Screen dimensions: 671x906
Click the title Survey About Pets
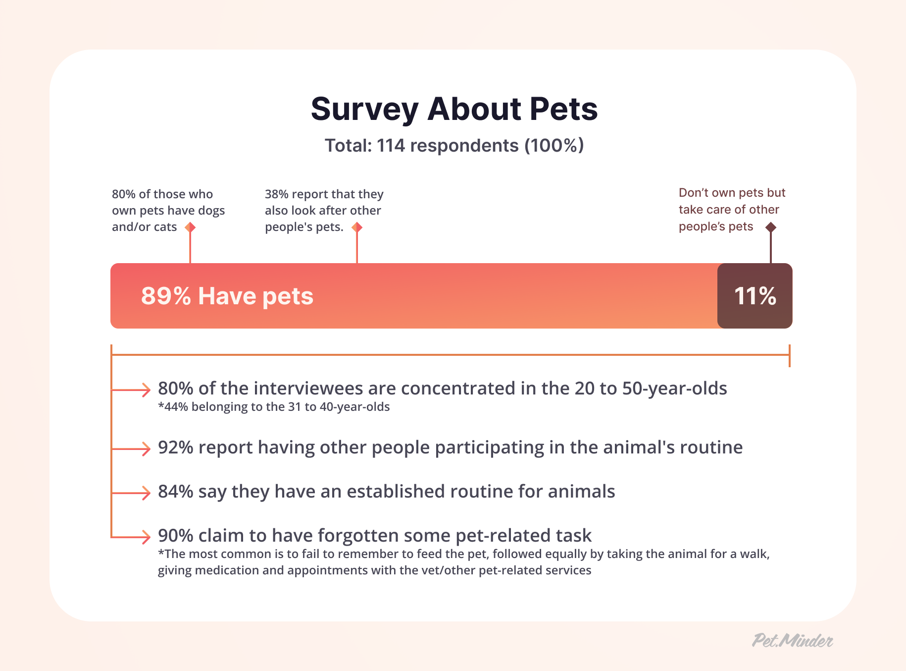point(454,109)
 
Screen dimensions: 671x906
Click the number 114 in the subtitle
point(391,146)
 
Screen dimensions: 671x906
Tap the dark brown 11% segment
point(755,296)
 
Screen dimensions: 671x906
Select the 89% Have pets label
point(227,296)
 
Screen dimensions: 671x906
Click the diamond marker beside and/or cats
point(190,227)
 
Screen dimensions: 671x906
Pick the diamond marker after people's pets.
point(357,227)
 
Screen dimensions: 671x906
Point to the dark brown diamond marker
point(770,227)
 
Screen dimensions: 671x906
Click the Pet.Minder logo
point(792,640)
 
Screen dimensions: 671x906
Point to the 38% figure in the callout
point(276,194)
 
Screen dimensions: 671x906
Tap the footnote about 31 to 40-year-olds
point(274,407)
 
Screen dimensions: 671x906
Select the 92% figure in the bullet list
point(175,447)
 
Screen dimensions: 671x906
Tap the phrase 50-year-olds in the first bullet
point(674,389)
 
